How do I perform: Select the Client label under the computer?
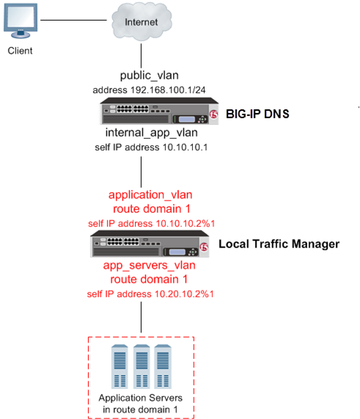(x=21, y=51)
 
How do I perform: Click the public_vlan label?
(x=142, y=76)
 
